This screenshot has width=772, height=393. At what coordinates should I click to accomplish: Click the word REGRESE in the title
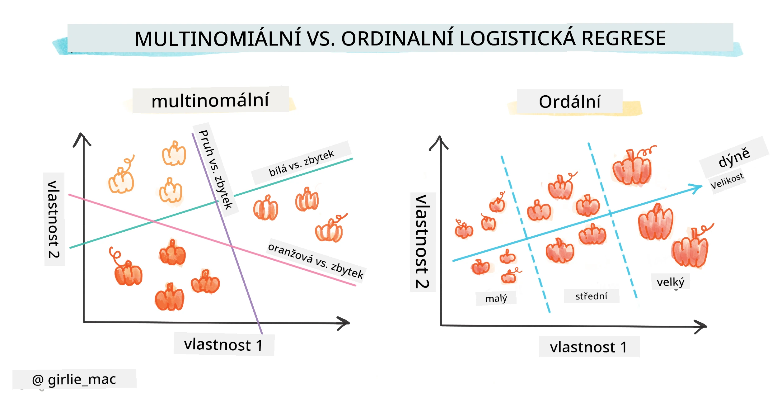[x=624, y=38]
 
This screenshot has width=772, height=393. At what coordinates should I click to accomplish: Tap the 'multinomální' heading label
[x=210, y=100]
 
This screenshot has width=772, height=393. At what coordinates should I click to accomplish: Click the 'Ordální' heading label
[x=569, y=102]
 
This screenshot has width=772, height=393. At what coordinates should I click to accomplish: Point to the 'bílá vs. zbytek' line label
[x=301, y=163]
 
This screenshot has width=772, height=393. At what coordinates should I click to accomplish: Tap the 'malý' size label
[x=496, y=298]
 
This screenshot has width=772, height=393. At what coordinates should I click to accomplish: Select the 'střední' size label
[x=591, y=296]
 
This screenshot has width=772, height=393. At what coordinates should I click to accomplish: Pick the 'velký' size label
[x=671, y=282]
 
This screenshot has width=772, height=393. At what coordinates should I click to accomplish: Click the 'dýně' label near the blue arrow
[x=734, y=158]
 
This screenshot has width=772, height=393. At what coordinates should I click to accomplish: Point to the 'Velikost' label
[x=727, y=181]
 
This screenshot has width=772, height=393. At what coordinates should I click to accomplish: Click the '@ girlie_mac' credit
[x=74, y=379]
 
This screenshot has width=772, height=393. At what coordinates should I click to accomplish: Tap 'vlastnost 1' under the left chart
[x=223, y=345]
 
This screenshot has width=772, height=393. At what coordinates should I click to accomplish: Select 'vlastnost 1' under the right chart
[x=588, y=347]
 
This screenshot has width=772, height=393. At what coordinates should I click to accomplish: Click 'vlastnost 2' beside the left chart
[x=54, y=219]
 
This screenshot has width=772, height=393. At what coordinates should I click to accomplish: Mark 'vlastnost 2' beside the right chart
[x=422, y=242]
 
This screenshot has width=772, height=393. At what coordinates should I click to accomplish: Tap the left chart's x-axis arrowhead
[x=344, y=323]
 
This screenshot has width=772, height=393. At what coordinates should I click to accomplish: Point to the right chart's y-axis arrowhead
[x=439, y=142]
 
